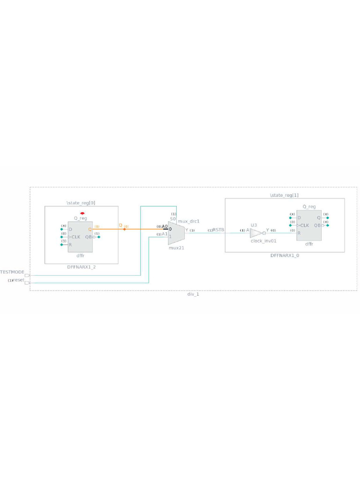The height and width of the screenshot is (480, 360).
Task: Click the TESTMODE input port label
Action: (12, 272)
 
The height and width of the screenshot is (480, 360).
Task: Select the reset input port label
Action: (18, 280)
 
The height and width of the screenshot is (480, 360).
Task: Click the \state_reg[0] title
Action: (81, 203)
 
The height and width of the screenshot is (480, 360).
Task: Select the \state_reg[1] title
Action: (284, 195)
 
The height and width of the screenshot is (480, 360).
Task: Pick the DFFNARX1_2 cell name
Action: (81, 266)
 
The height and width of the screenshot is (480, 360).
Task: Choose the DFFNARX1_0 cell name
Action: (285, 255)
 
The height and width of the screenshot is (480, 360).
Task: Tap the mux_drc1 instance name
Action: (189, 221)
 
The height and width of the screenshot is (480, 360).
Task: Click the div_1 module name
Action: (193, 294)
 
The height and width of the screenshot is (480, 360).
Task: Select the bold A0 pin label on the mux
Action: (165, 226)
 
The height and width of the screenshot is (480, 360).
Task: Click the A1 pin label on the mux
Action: (165, 233)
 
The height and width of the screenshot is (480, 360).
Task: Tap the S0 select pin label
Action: (172, 219)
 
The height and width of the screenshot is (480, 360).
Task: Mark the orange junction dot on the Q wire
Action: (124, 229)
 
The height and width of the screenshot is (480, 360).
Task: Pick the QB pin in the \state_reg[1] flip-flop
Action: (317, 225)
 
